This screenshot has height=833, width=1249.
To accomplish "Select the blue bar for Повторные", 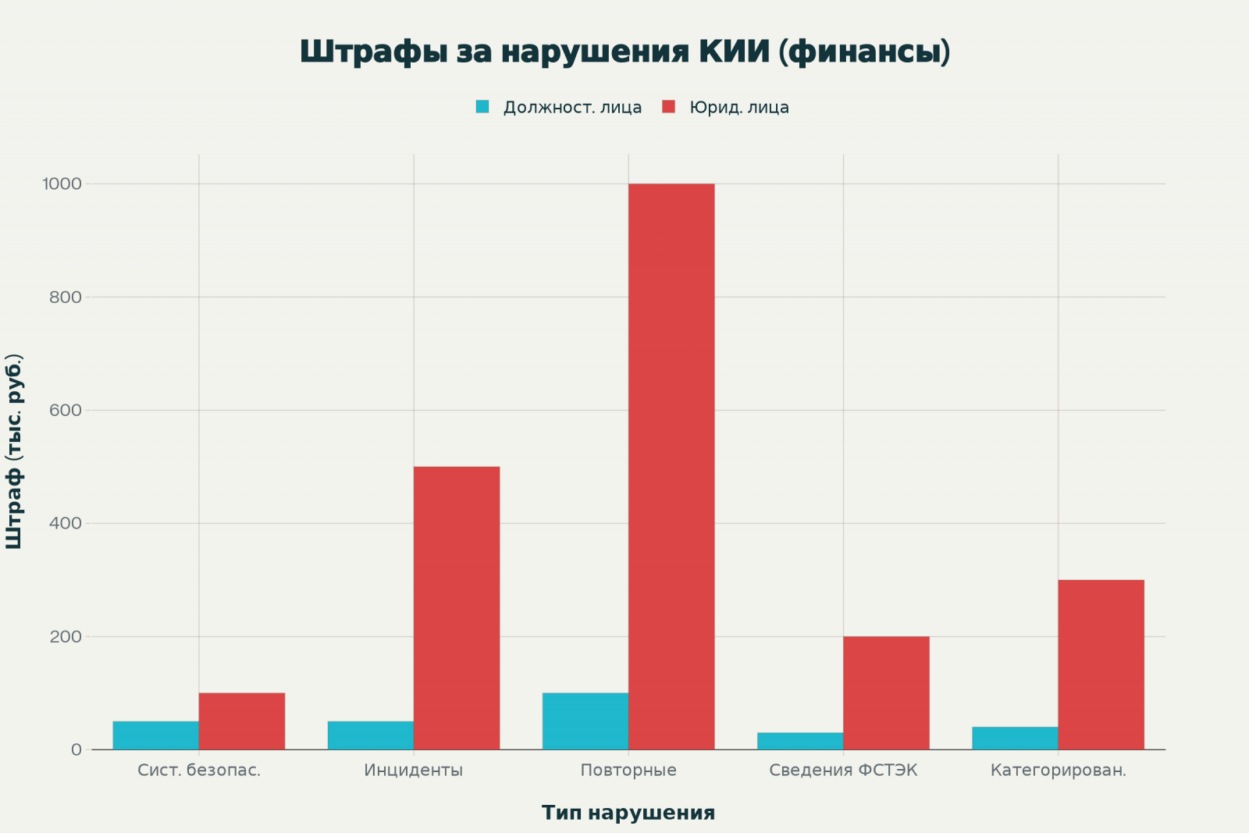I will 585,721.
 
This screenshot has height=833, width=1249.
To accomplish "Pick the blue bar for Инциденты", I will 371,735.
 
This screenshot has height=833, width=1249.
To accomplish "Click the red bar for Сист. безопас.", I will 242,721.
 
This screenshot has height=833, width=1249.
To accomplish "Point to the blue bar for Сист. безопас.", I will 156,735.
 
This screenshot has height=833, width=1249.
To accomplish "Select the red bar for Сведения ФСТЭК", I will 886,692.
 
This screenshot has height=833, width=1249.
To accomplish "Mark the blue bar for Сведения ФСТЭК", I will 800,741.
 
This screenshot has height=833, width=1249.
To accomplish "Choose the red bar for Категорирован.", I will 1101,664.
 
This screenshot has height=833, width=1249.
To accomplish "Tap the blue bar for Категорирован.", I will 1015,739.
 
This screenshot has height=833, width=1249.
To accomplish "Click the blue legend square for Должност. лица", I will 482,107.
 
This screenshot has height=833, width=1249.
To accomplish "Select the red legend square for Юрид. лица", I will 668,107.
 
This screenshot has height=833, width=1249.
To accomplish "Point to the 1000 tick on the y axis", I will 62,184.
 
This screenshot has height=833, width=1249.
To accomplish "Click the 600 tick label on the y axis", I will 66,411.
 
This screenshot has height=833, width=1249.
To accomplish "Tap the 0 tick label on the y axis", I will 76,749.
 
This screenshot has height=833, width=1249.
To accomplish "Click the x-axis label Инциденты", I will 414,771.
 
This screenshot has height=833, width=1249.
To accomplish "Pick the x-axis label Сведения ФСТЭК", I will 843,771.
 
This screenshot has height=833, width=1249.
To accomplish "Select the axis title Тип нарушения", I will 628,813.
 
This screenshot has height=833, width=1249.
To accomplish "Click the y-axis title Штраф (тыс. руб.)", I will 14,451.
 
